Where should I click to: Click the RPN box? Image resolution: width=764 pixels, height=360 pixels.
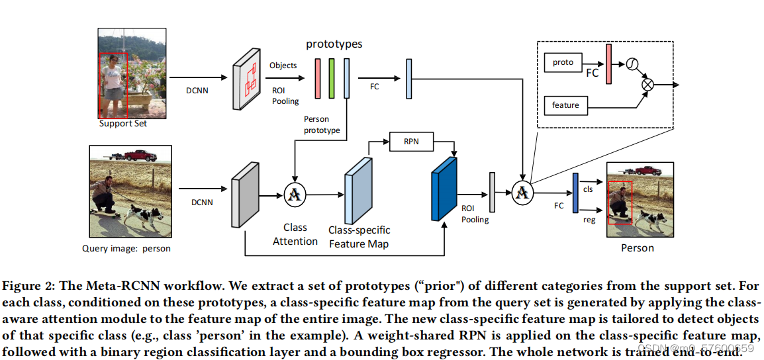pos(411,141)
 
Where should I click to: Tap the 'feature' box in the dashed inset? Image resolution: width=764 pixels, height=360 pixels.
pos(565,105)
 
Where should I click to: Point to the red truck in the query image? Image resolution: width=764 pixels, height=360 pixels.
pos(140,156)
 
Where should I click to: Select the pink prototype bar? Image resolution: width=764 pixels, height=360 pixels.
pos(317,79)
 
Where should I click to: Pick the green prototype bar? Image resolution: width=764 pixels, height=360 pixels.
pos(332,79)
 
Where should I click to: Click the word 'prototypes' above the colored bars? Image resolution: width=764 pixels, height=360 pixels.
pos(334,44)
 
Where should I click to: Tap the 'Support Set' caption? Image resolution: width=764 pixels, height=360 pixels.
pos(122,124)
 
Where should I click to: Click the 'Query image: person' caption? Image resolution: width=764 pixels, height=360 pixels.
pos(126,249)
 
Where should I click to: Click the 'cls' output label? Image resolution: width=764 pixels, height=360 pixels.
pos(587,189)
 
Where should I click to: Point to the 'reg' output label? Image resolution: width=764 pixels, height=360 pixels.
pos(587,219)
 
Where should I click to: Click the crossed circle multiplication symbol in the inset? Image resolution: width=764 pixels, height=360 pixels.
pos(647,85)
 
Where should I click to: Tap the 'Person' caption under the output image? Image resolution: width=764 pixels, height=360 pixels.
pos(637,248)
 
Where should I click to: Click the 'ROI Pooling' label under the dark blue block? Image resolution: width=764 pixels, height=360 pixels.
pos(475,214)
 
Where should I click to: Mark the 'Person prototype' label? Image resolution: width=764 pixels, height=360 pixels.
pos(322,125)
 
